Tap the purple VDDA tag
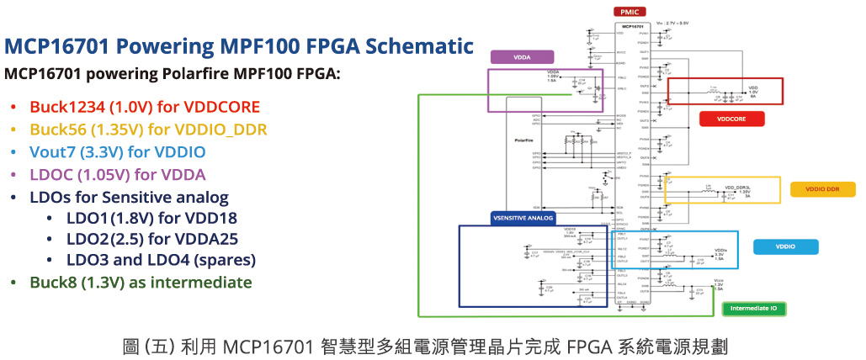click(x=522, y=58)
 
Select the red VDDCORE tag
click(x=731, y=119)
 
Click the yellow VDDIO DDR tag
click(x=822, y=189)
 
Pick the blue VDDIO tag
click(x=786, y=247)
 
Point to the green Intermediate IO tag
click(x=753, y=309)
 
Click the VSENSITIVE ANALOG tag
click(x=523, y=218)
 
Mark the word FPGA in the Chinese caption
click(x=586, y=346)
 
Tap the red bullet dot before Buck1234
click(x=13, y=108)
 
